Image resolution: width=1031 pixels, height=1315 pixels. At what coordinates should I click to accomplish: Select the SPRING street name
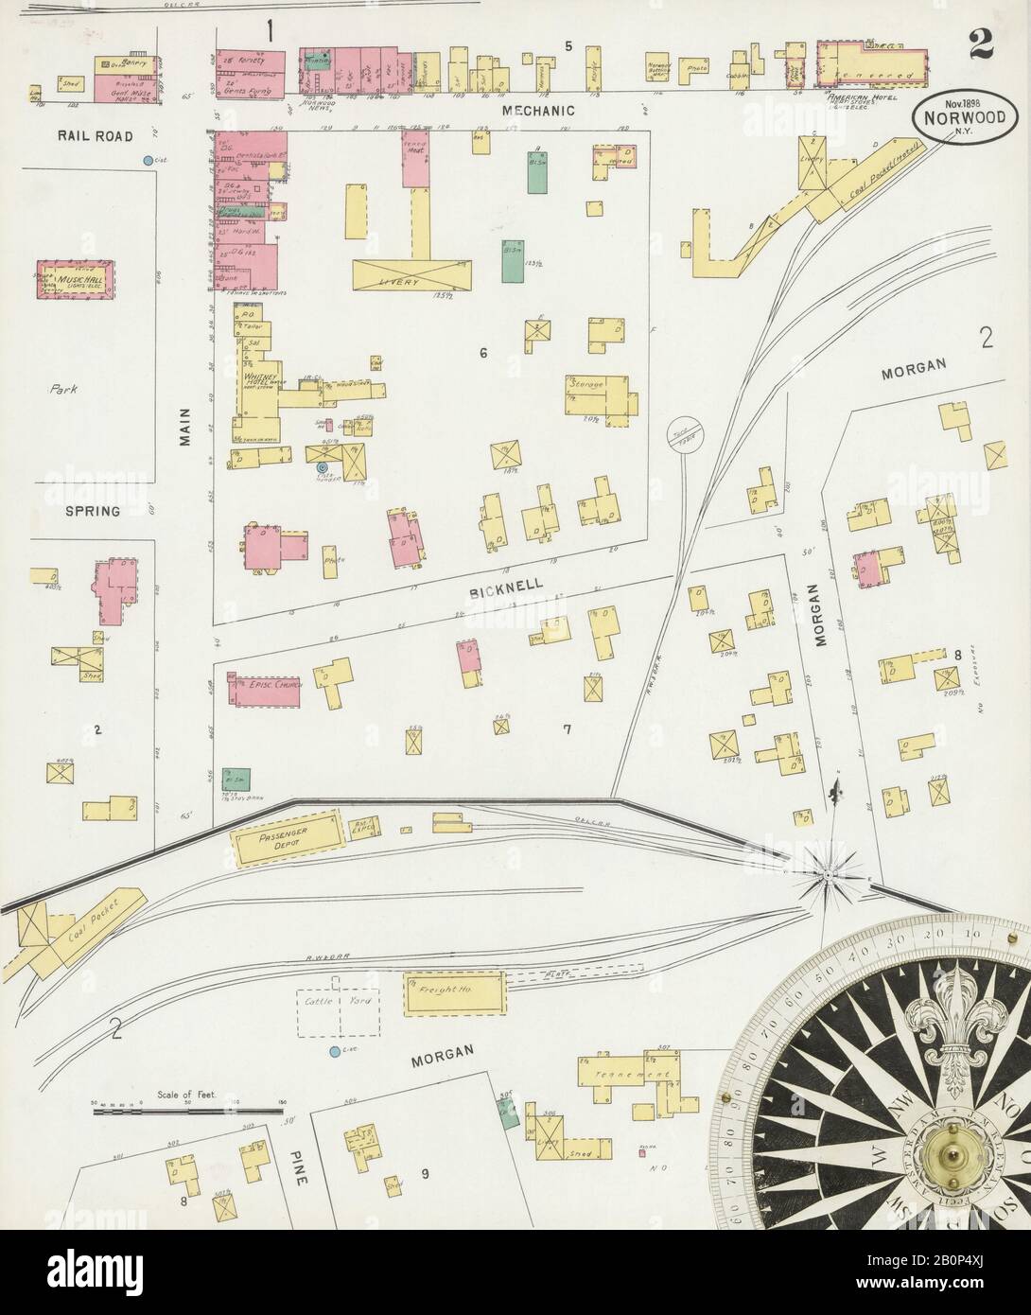click(93, 511)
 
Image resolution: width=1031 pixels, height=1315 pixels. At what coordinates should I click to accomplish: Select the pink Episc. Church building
click(262, 691)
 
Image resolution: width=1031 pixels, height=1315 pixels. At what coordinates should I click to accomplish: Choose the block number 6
click(483, 354)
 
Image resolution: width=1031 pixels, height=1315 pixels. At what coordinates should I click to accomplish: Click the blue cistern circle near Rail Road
click(148, 161)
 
